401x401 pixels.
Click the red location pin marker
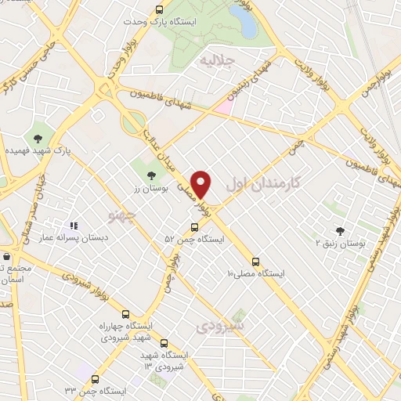point(202,184)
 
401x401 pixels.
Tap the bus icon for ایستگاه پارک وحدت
point(160,10)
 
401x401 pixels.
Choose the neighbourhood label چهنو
point(125,213)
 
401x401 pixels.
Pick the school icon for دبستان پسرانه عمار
point(74,227)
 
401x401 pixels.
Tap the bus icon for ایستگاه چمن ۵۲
point(195,227)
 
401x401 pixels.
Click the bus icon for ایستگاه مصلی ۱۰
point(257,262)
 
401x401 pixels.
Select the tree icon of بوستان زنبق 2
point(339,230)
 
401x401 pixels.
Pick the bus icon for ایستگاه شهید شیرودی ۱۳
point(164,342)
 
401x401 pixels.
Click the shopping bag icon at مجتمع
point(7,256)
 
